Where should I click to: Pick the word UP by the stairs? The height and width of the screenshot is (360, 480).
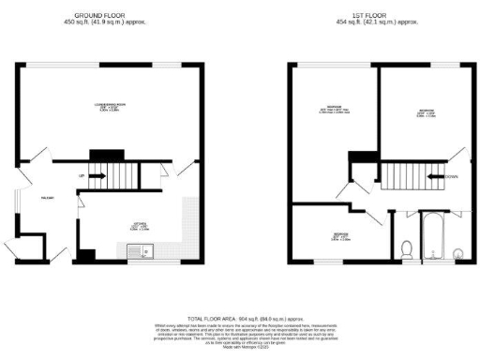[82, 176]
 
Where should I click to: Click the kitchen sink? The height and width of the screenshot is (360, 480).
[138, 249]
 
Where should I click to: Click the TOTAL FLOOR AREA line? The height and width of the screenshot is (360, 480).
[239, 318]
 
